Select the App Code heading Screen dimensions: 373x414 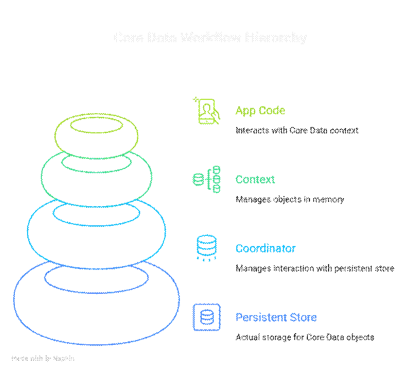click(260, 111)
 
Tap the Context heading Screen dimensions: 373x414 click(255, 180)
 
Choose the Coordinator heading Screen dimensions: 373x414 click(265, 249)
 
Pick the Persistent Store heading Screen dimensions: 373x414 click(276, 318)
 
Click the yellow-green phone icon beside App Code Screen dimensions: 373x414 click(206, 111)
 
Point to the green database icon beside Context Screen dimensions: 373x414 click(206, 180)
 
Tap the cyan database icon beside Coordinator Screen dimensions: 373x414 click(206, 248)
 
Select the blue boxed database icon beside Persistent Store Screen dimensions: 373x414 click(206, 317)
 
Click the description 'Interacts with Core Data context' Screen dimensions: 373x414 click(297, 130)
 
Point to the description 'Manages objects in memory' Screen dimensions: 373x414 click(290, 199)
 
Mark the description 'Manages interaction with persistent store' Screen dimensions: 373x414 click(315, 268)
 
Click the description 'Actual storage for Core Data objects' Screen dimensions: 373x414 click(305, 337)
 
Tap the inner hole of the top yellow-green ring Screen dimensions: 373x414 click(96, 126)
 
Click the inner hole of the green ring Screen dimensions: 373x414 click(96, 162)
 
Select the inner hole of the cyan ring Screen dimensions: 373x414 click(96, 215)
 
